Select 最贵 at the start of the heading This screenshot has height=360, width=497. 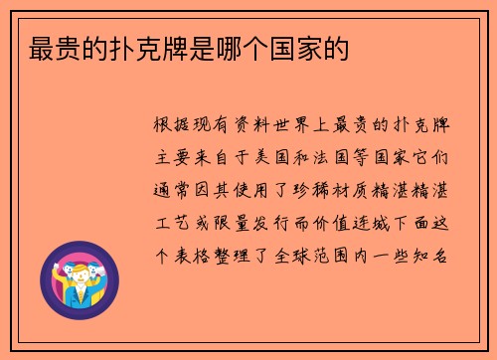pos(42,47)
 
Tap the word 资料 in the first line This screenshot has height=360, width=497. pos(241,126)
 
